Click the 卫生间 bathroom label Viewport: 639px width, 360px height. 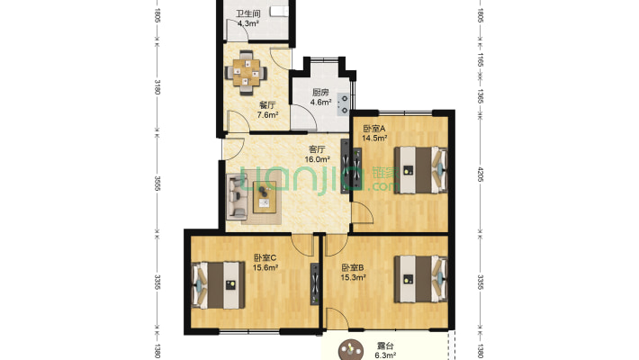[247, 19]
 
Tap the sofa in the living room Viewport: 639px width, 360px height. [238, 195]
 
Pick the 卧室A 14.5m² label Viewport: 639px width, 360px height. [374, 133]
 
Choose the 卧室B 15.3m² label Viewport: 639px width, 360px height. [354, 273]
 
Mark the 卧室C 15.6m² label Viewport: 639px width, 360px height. [265, 262]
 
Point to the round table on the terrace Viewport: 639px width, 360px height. [346, 352]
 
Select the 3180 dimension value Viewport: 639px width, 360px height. [157, 87]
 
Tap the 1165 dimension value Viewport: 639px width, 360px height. [481, 62]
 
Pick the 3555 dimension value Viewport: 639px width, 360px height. [157, 184]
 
